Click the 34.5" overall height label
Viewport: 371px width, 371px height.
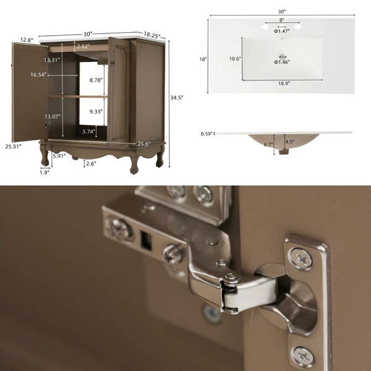[177, 98]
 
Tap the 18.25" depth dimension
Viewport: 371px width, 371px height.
[152, 35]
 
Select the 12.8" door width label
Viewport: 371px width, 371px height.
[27, 40]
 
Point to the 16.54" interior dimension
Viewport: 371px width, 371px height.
[38, 75]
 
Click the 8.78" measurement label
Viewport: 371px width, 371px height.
[96, 80]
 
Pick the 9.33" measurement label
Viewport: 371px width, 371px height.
[96, 111]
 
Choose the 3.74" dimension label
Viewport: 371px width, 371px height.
[88, 132]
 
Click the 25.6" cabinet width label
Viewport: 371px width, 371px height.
[144, 144]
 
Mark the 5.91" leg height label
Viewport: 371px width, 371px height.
[59, 156]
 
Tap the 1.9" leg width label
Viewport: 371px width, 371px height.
[45, 173]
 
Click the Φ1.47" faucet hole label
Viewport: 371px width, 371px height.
[282, 31]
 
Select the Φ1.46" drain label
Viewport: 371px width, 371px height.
[282, 62]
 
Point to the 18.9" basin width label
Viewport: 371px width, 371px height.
[284, 83]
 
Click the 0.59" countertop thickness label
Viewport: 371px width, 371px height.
[207, 134]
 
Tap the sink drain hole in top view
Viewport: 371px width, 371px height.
[283, 56]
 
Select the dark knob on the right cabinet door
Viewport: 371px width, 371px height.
[113, 62]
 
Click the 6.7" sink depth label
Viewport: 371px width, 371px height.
[268, 144]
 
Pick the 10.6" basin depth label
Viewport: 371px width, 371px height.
[235, 59]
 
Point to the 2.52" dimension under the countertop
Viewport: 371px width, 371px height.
[83, 46]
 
